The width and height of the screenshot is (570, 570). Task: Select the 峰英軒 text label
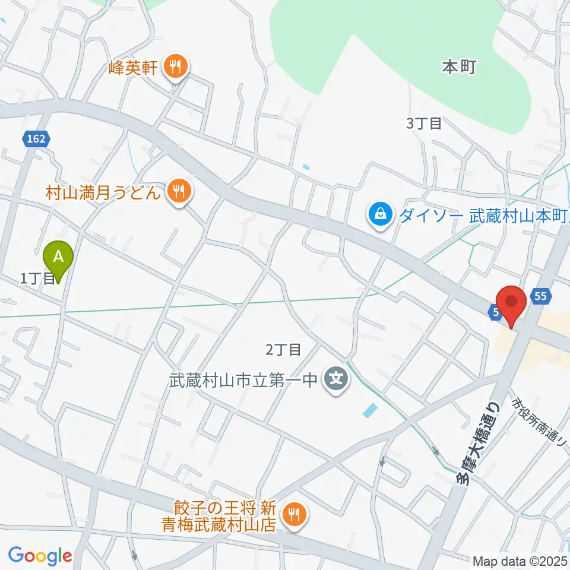(134, 68)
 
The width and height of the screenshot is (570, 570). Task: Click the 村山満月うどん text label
(104, 192)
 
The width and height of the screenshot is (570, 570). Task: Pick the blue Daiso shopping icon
(379, 214)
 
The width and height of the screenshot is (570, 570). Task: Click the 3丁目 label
(423, 123)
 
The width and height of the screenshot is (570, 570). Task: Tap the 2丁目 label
(283, 350)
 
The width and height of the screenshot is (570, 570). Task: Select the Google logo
(40, 555)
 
